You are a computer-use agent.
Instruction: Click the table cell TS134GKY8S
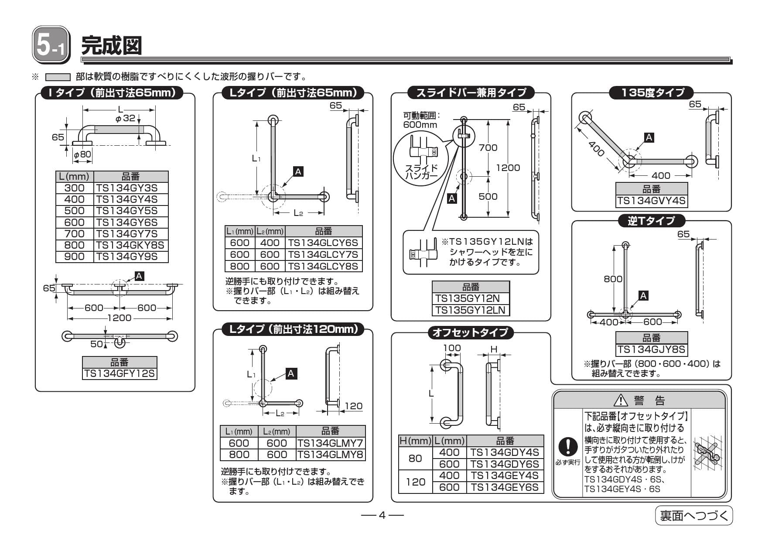(130, 245)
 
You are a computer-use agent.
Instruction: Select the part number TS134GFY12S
(120, 374)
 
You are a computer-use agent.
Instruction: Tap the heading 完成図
(112, 45)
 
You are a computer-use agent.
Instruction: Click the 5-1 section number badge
(51, 45)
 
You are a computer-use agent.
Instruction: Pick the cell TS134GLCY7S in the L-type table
(323, 255)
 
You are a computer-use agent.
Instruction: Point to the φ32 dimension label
(125, 118)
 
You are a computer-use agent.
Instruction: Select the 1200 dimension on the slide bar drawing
(508, 168)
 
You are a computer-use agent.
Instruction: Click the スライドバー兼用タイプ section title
(471, 92)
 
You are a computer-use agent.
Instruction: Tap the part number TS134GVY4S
(652, 201)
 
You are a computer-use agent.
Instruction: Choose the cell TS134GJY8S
(652, 350)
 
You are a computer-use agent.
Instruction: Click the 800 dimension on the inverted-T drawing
(613, 279)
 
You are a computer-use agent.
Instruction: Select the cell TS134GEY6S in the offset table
(505, 487)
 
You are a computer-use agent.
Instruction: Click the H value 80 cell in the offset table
(415, 458)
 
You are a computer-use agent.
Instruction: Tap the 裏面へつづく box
(693, 516)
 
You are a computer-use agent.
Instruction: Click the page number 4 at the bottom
(382, 516)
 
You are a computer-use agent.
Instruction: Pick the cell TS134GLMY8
(330, 455)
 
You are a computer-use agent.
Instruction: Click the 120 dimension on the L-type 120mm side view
(353, 406)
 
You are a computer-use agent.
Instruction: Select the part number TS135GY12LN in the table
(471, 310)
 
